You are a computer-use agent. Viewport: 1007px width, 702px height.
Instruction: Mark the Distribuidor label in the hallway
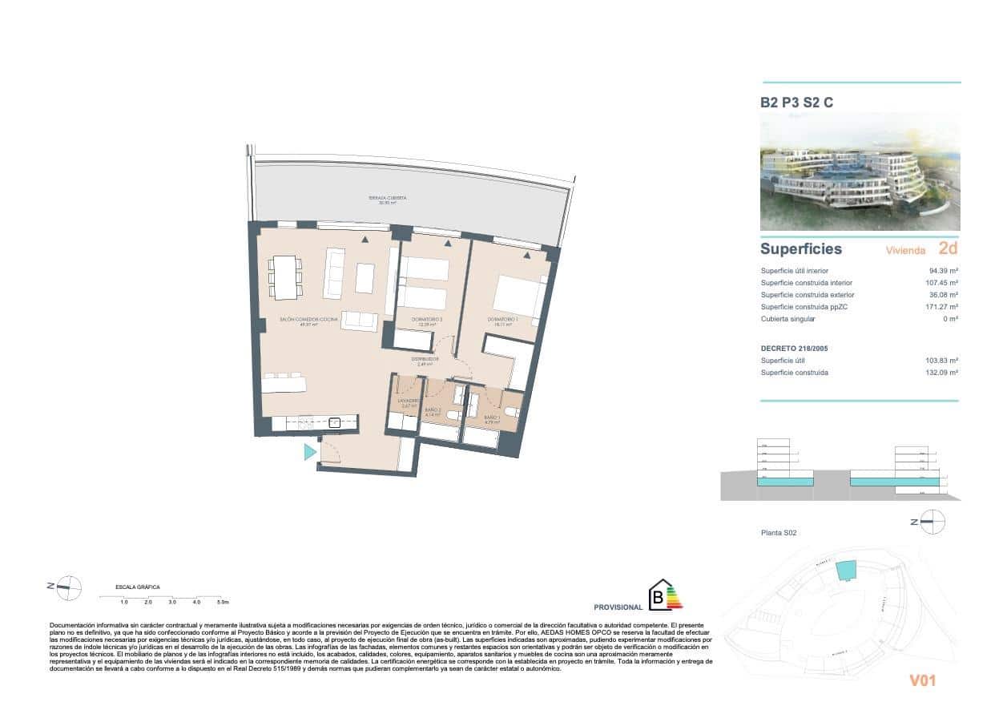425,361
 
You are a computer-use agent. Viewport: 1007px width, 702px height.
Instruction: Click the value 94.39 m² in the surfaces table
943,271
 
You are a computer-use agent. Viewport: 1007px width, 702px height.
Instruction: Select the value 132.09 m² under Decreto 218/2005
942,373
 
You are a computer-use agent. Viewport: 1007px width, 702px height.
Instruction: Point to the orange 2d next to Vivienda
948,249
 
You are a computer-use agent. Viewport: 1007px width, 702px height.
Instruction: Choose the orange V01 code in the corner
922,680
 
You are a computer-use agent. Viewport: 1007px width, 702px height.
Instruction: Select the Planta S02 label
778,533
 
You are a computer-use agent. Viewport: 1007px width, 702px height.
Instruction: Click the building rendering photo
860,171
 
